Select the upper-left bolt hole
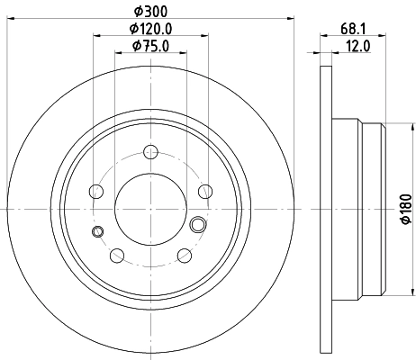pos(95,190)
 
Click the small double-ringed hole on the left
pos(97,232)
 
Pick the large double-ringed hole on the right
pos(199,223)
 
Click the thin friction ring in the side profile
pos(326,208)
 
